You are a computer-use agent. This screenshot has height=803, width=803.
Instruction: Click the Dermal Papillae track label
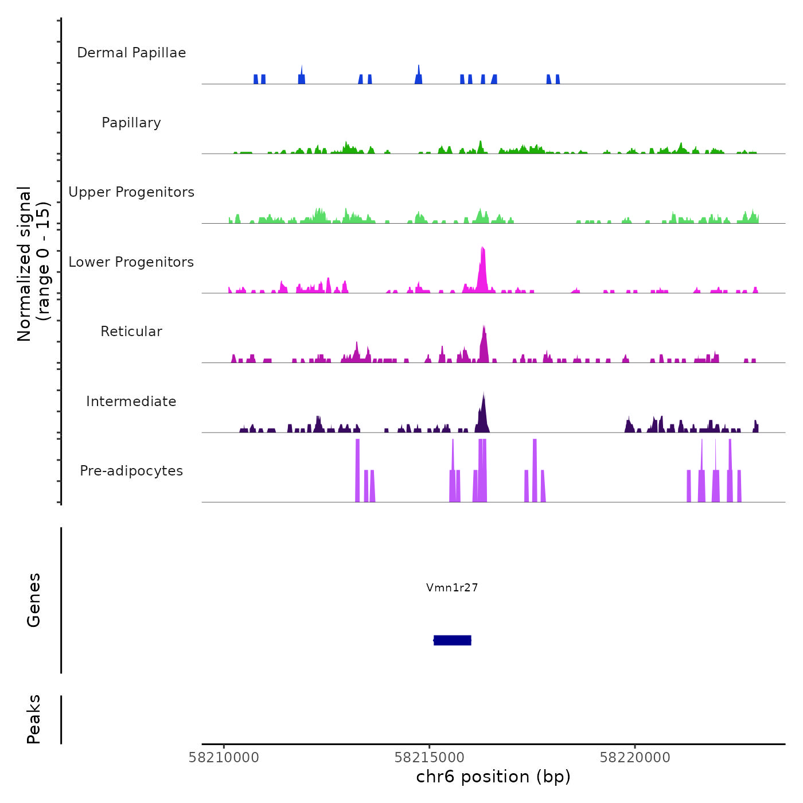131,53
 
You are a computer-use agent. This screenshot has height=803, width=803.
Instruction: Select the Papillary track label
131,123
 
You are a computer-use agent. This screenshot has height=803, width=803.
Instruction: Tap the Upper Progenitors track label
131,192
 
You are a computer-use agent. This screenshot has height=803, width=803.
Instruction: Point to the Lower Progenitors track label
131,262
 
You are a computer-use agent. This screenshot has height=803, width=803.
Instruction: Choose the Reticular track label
131,332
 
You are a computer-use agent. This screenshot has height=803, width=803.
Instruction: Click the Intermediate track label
131,402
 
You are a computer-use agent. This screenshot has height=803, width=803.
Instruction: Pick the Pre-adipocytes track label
131,471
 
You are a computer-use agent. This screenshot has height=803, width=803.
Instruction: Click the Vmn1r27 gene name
452,587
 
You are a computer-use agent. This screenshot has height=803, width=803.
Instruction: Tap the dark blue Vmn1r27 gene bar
453,640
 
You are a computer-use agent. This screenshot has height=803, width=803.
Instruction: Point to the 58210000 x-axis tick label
224,758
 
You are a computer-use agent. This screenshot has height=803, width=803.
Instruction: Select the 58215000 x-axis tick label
430,758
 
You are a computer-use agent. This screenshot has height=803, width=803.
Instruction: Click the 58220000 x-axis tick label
635,758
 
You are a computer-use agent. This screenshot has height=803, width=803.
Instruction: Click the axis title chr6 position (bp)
493,777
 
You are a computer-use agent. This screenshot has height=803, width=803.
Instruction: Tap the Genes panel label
34,600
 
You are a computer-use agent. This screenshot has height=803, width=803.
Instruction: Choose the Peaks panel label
34,719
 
